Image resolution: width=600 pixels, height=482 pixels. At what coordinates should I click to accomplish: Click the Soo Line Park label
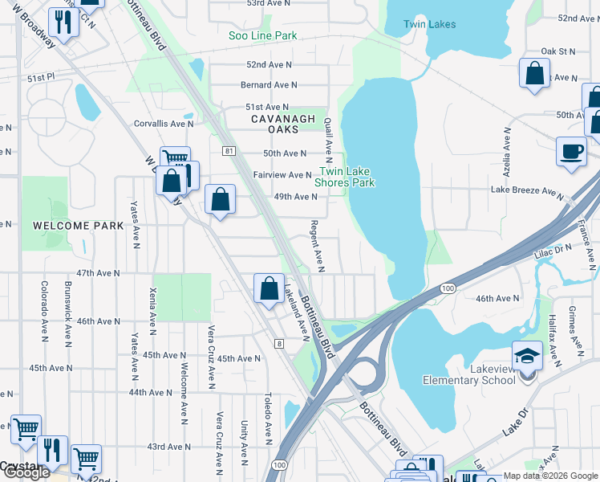[x=262, y=35]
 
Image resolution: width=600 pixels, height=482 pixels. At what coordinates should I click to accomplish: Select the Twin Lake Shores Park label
[x=347, y=177]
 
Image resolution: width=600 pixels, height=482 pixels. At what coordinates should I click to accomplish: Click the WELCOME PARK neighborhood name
[x=79, y=226]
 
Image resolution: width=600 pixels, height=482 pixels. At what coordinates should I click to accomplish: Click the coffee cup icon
[x=571, y=151]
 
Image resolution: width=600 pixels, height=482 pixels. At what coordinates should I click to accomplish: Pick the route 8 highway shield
[x=279, y=344]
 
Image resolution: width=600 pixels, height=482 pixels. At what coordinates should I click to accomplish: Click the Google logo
[x=26, y=472]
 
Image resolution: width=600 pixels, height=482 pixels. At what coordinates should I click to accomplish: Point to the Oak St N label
[x=558, y=51]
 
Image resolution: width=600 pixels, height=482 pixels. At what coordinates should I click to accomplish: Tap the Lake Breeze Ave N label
[x=528, y=191]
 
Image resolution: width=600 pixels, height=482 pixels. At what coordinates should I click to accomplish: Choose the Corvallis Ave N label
[x=164, y=124]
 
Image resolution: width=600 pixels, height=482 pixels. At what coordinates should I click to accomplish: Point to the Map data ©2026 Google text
[x=549, y=475]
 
